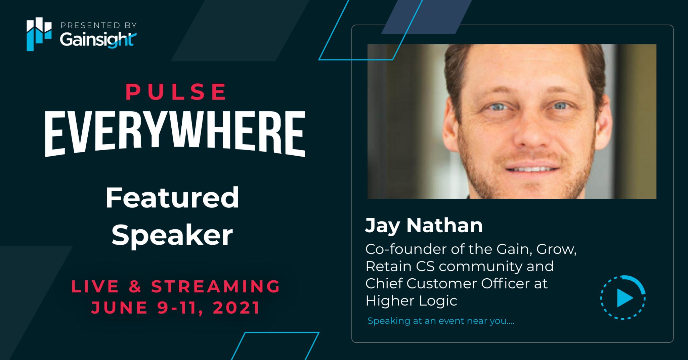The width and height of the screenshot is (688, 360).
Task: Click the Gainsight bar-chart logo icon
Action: [39, 34]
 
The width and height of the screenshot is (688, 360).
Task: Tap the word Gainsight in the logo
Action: [98, 40]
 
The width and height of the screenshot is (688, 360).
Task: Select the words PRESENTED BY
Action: [98, 25]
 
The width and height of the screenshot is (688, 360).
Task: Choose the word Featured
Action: [172, 198]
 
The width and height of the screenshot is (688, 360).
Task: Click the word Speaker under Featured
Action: [172, 235]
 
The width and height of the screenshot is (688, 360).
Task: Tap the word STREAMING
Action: [215, 286]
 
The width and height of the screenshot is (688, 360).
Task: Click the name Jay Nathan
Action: [424, 226]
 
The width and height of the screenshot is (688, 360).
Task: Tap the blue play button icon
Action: [623, 298]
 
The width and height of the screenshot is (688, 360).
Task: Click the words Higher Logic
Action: [411, 301]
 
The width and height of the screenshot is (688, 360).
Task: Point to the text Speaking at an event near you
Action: [441, 321]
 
